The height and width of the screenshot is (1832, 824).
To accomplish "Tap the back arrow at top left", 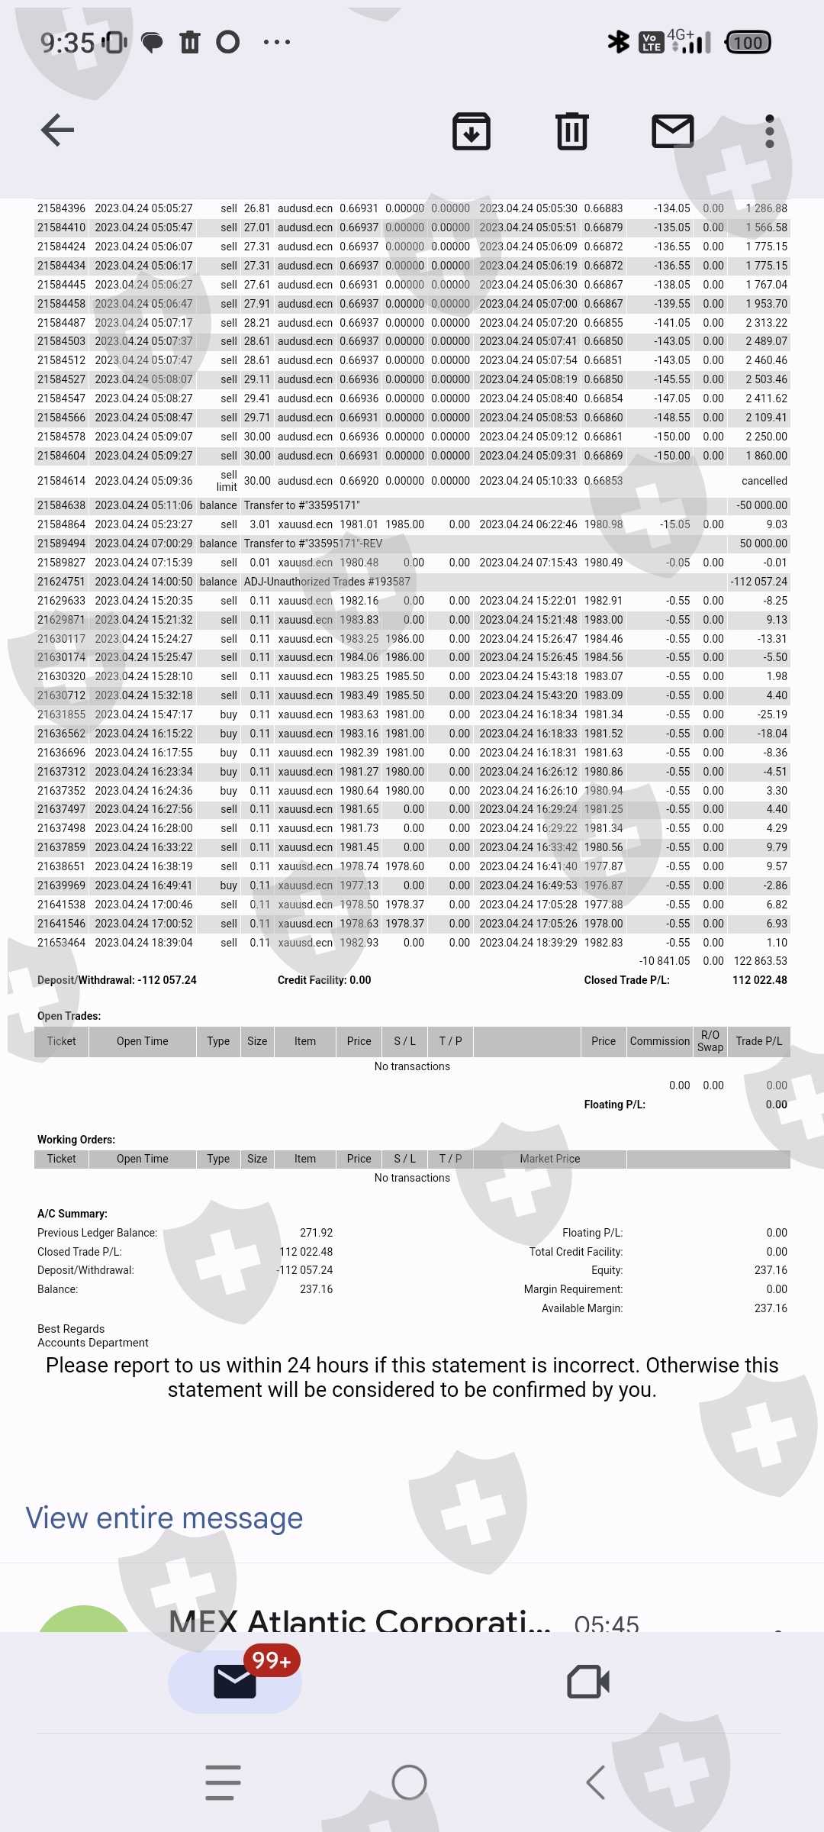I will [57, 130].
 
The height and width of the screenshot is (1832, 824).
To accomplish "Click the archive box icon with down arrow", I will [472, 131].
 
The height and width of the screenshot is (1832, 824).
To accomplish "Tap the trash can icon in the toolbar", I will [571, 131].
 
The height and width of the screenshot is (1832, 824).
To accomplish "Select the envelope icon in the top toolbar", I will [672, 131].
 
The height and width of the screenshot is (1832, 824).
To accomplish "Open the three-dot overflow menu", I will [769, 131].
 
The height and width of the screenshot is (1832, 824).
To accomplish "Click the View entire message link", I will [164, 1518].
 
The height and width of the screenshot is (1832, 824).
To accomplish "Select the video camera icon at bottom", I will [587, 1682].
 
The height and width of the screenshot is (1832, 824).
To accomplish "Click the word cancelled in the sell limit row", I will [764, 481].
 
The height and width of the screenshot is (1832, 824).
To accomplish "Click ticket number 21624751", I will [61, 582].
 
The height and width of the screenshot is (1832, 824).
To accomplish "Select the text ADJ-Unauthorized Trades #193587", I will [327, 582].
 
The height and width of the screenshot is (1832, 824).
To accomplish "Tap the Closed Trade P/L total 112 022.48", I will [759, 980].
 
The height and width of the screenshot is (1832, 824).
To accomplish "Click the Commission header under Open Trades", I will [659, 1041].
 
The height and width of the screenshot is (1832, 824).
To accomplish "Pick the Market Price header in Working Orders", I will [549, 1159].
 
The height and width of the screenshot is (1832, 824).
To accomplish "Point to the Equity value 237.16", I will [771, 1270].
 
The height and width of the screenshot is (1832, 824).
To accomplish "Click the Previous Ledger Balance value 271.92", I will [316, 1233].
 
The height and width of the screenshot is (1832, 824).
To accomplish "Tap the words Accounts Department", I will [93, 1343].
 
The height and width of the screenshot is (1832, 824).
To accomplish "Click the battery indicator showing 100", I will [748, 43].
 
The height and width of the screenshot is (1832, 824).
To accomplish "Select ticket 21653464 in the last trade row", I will [61, 943].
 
